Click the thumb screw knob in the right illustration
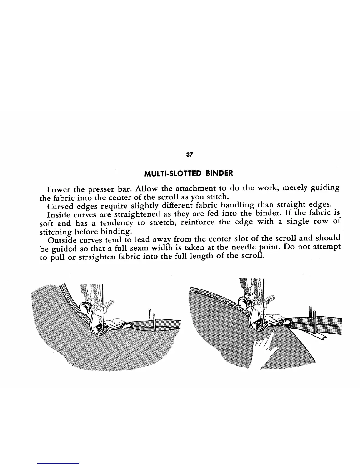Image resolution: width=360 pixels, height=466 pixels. [x=244, y=303]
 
